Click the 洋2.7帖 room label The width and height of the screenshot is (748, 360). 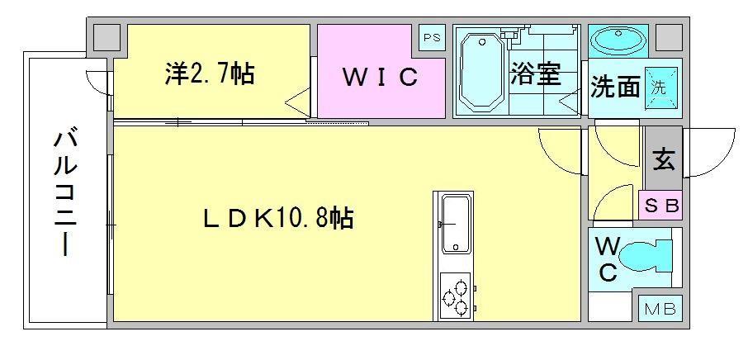(x=208, y=73)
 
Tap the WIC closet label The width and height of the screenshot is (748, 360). (x=379, y=78)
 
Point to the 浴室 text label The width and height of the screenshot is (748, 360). (x=537, y=74)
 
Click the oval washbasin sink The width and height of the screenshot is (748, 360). (x=618, y=40)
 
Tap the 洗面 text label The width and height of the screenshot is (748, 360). (x=615, y=88)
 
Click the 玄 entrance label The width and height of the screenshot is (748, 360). (x=664, y=159)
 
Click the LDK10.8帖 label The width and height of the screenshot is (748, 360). (x=279, y=218)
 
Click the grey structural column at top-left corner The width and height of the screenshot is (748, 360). (x=105, y=36)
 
